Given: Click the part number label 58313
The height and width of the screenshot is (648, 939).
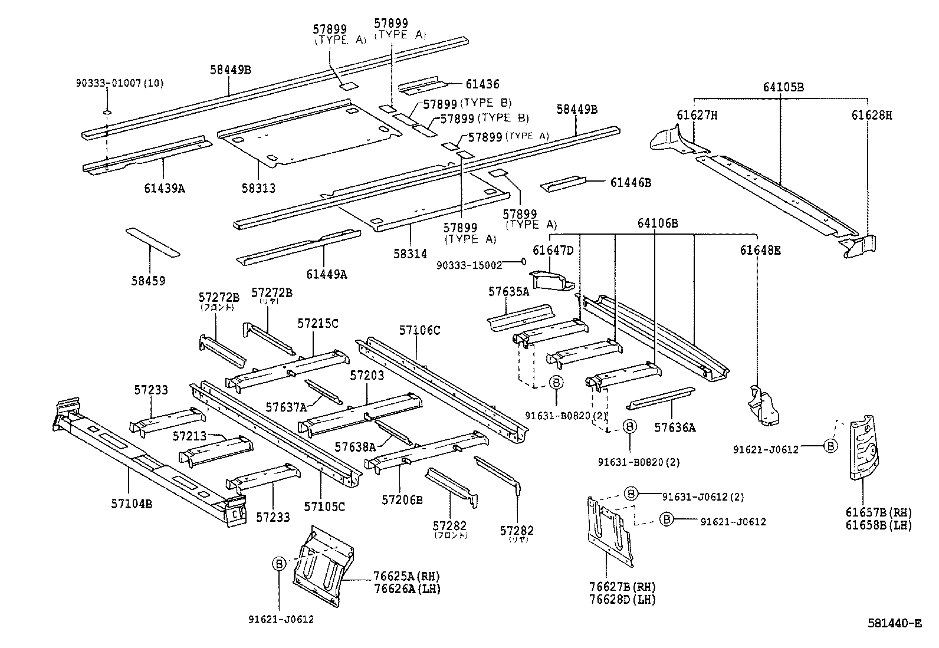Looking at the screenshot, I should [x=258, y=189].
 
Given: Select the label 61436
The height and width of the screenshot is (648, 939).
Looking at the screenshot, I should [x=482, y=85].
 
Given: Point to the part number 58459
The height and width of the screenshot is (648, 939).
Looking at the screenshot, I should [x=148, y=281].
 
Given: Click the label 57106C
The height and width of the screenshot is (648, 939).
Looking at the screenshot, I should [x=419, y=330].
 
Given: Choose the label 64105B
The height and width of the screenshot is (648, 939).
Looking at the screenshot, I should [x=783, y=88].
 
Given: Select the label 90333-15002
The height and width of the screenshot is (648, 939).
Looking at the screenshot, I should [x=469, y=266].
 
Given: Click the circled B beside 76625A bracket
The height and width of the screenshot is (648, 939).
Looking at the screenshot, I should [x=278, y=564].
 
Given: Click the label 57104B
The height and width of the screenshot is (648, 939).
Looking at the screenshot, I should [x=131, y=504].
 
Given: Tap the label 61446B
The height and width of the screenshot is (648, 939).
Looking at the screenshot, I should [x=631, y=183].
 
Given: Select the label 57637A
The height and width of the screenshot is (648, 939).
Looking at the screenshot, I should [x=286, y=407].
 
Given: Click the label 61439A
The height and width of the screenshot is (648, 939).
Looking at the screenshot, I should [x=164, y=188].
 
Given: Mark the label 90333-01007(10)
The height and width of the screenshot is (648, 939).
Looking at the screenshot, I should [x=120, y=83].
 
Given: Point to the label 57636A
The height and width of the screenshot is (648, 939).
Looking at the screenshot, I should [x=674, y=427].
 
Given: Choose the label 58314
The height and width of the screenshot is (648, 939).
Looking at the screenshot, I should [x=410, y=254].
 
